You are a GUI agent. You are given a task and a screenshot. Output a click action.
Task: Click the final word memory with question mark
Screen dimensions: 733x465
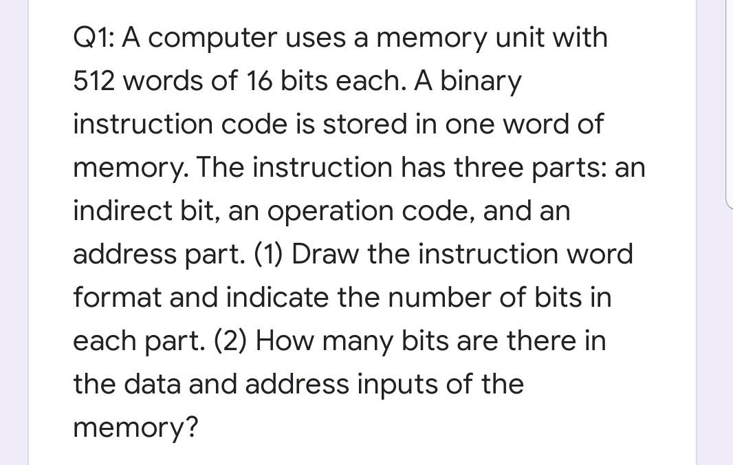coord(135,428)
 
